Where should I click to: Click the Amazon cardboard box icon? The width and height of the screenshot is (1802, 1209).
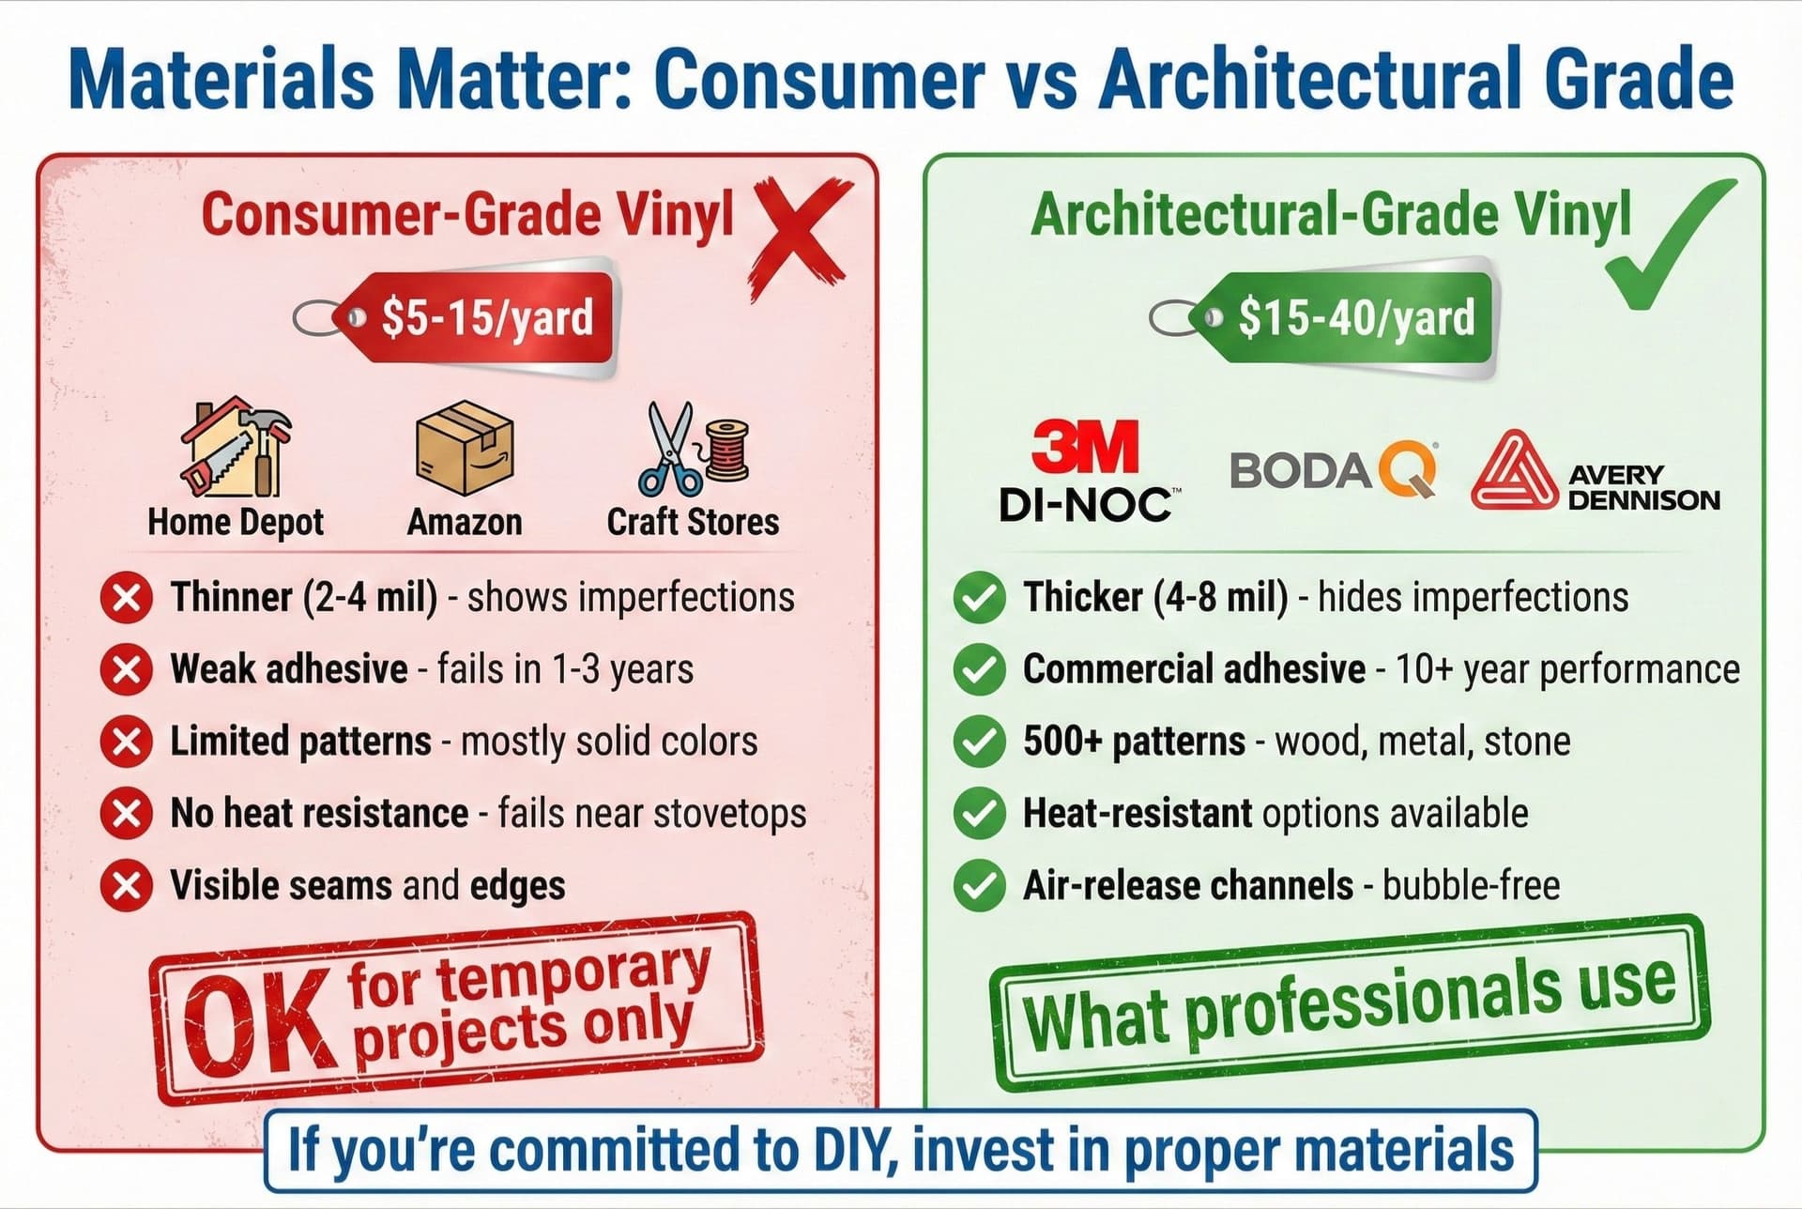[x=465, y=448]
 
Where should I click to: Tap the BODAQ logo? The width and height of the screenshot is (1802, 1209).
[x=1333, y=469]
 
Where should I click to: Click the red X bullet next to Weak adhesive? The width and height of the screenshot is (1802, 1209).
[x=127, y=670]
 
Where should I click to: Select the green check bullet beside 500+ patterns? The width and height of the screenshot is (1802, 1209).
[x=979, y=742]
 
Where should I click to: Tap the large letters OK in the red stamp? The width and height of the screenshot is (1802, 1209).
[x=258, y=1027]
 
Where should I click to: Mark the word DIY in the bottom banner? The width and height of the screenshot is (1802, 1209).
[x=848, y=1149]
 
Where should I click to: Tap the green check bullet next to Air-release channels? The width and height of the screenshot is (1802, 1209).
[x=979, y=885]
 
